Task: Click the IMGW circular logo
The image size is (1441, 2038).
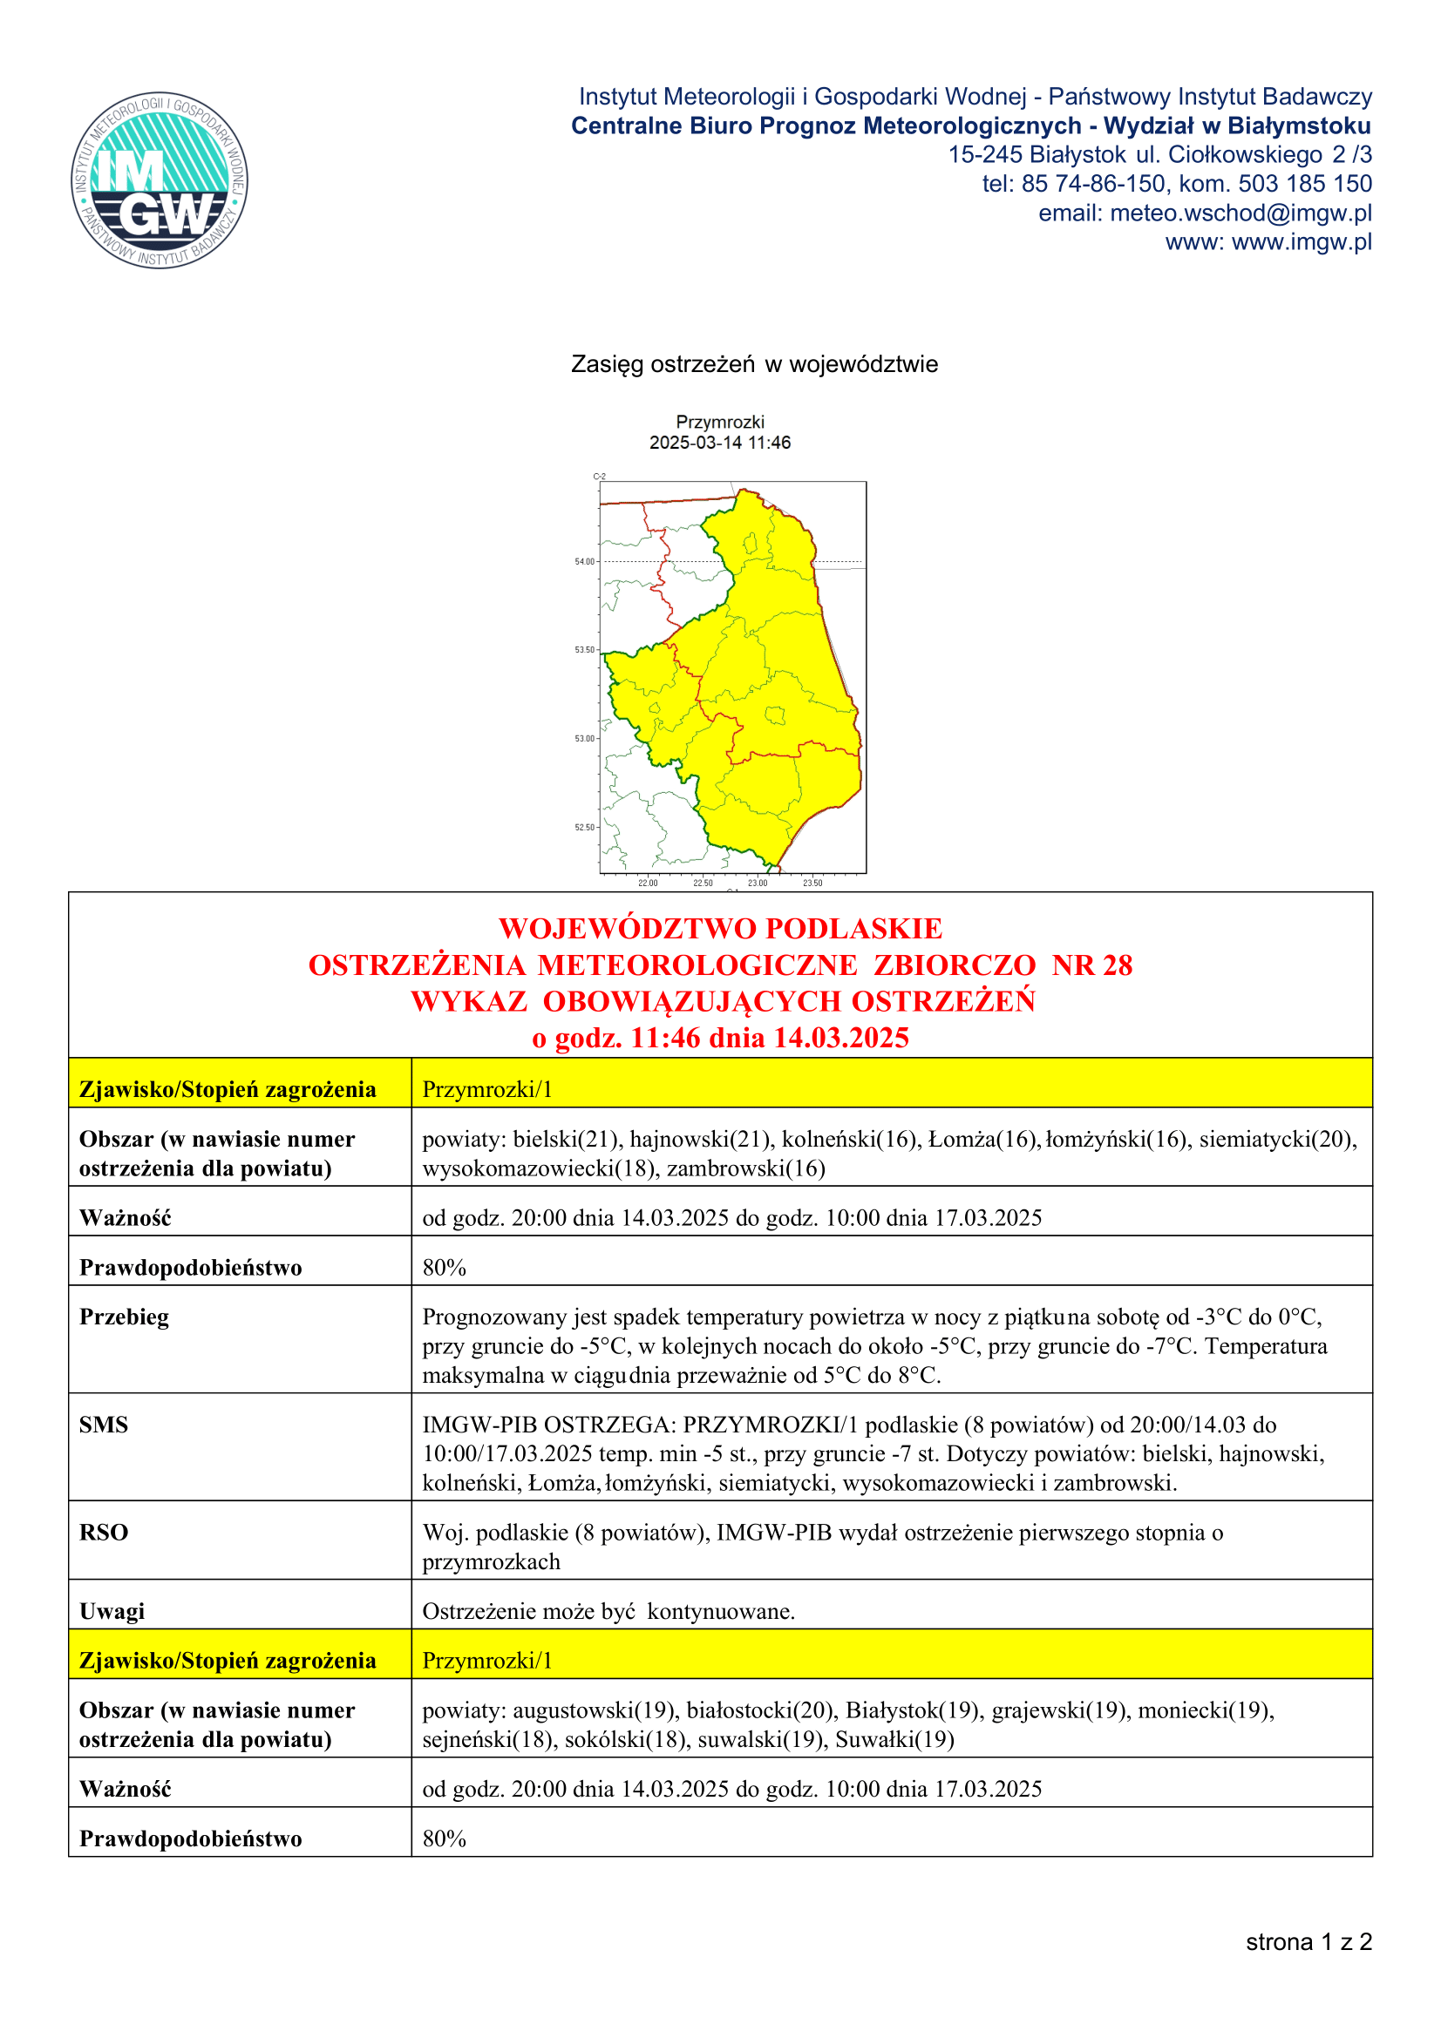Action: [x=160, y=180]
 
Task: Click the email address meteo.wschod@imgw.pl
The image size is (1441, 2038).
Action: [x=1240, y=213]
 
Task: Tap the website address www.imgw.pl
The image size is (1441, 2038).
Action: [x=1302, y=242]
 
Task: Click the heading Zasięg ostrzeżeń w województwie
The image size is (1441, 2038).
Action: [x=754, y=365]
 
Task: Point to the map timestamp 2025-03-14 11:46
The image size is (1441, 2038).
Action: [x=719, y=442]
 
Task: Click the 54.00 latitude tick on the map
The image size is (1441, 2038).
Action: [x=585, y=562]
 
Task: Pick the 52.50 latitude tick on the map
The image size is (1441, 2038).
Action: [x=585, y=827]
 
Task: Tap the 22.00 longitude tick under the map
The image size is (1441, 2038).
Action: [x=648, y=884]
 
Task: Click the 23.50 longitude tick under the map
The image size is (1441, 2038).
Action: [x=812, y=884]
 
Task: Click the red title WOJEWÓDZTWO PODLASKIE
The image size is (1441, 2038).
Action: [x=720, y=929]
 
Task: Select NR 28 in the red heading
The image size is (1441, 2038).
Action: [x=1092, y=965]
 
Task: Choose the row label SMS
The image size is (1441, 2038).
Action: [x=104, y=1425]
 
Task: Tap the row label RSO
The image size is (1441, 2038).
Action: [x=104, y=1533]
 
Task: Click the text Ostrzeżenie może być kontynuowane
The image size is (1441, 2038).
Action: [x=608, y=1611]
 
